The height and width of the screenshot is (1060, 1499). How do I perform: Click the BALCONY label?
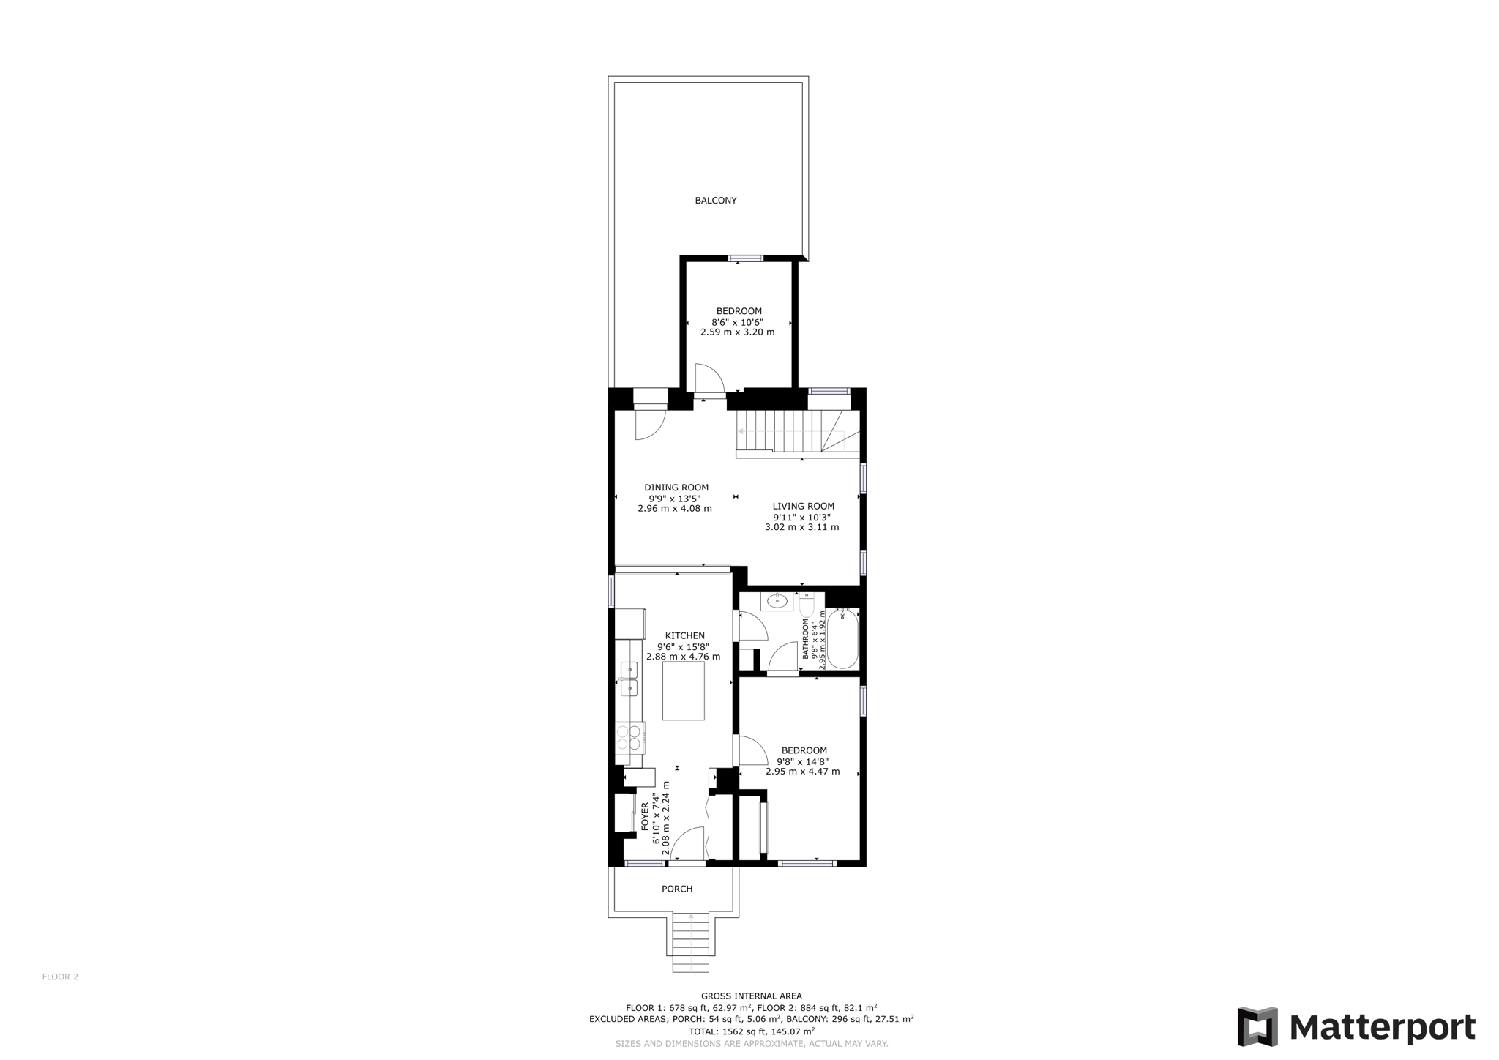[715, 201]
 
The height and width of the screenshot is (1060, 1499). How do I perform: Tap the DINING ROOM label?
[676, 488]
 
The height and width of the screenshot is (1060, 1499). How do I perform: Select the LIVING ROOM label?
[803, 506]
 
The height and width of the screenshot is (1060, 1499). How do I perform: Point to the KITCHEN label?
[684, 636]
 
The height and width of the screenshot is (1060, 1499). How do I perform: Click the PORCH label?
[676, 889]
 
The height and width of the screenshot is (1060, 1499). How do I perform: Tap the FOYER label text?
[645, 815]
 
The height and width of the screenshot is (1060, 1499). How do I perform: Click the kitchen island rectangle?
[683, 691]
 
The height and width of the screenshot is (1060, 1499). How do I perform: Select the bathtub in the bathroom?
[842, 638]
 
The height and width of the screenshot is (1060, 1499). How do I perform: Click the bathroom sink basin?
[776, 602]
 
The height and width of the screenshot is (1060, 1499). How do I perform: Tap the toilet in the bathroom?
[807, 606]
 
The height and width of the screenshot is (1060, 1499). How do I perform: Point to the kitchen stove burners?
[629, 737]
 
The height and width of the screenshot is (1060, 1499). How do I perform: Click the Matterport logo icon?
[1257, 1026]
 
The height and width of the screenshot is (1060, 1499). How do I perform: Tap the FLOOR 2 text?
[60, 977]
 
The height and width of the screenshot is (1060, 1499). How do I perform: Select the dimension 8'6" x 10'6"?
[737, 322]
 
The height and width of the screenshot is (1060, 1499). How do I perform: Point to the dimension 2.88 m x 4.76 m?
[682, 657]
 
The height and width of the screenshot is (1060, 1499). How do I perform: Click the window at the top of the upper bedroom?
[745, 258]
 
